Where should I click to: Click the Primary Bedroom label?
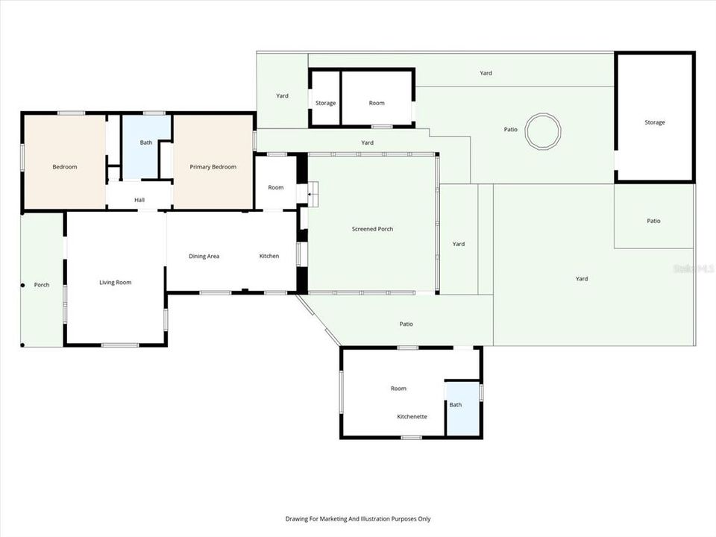pos(213,167)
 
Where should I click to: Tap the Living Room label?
pos(116,283)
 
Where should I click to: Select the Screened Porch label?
pos(372,229)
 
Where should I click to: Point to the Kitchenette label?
pos(412,416)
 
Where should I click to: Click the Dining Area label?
pos(204,257)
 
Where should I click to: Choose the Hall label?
pos(139,199)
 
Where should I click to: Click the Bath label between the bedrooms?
pos(146,142)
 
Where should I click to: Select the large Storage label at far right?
pos(655,122)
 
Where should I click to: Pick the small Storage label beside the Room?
pos(325,103)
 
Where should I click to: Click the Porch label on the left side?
pos(42,285)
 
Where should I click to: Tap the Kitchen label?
pos(269,257)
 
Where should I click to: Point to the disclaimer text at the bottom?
pos(358,518)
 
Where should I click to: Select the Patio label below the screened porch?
pos(406,324)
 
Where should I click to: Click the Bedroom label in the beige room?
pos(64,167)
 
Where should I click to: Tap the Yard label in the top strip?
pos(486,73)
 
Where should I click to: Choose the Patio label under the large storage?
pos(653,221)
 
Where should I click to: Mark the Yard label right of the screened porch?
pos(459,244)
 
